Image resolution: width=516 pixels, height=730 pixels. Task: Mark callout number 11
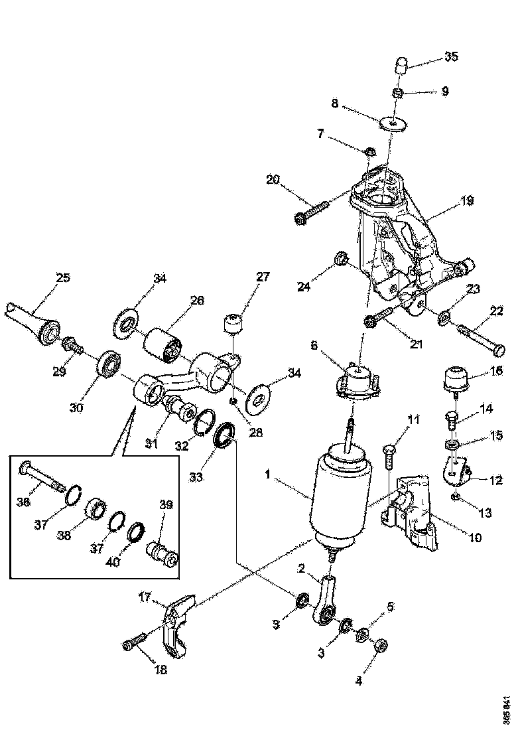pyautogui.click(x=413, y=419)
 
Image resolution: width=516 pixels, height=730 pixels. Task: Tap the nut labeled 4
pyautogui.click(x=381, y=644)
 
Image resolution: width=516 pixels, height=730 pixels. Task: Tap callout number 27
pyautogui.click(x=263, y=276)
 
